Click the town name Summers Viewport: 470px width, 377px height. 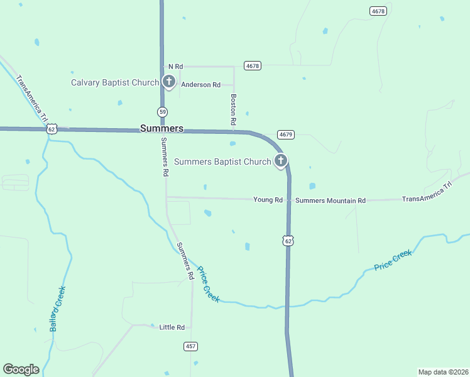click(x=161, y=128)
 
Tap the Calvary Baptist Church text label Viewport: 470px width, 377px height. click(x=115, y=82)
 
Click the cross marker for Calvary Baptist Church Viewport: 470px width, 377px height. click(x=168, y=81)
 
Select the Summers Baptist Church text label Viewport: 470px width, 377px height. click(x=222, y=161)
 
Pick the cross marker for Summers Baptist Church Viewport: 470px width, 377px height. click(x=280, y=160)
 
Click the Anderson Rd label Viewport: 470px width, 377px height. click(x=200, y=84)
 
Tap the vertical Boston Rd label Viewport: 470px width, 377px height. click(x=233, y=108)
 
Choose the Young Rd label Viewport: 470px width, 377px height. click(x=268, y=200)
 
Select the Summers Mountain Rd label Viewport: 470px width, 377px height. click(x=330, y=200)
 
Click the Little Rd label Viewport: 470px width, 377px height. click(x=172, y=327)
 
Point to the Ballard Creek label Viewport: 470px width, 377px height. click(x=58, y=309)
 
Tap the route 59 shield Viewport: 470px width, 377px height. click(x=162, y=111)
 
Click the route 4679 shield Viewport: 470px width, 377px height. click(x=285, y=134)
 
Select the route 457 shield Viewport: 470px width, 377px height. click(x=191, y=346)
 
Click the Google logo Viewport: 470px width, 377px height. click(x=21, y=369)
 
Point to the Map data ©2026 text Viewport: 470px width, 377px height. click(x=443, y=372)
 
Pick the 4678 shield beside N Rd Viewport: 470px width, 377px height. click(x=253, y=65)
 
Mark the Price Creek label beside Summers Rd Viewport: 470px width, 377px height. click(x=208, y=284)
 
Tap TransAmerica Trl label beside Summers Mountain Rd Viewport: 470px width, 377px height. click(x=427, y=192)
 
